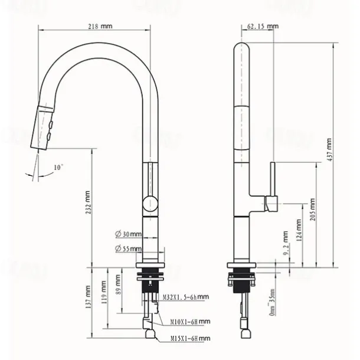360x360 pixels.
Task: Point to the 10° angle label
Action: [x=58, y=168]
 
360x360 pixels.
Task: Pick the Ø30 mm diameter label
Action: [x=129, y=234]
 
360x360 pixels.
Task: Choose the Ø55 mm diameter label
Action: [x=129, y=249]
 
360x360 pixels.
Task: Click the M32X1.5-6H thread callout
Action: [x=186, y=297]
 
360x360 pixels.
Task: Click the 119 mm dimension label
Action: [x=104, y=292]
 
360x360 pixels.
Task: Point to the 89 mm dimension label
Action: [x=120, y=287]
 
